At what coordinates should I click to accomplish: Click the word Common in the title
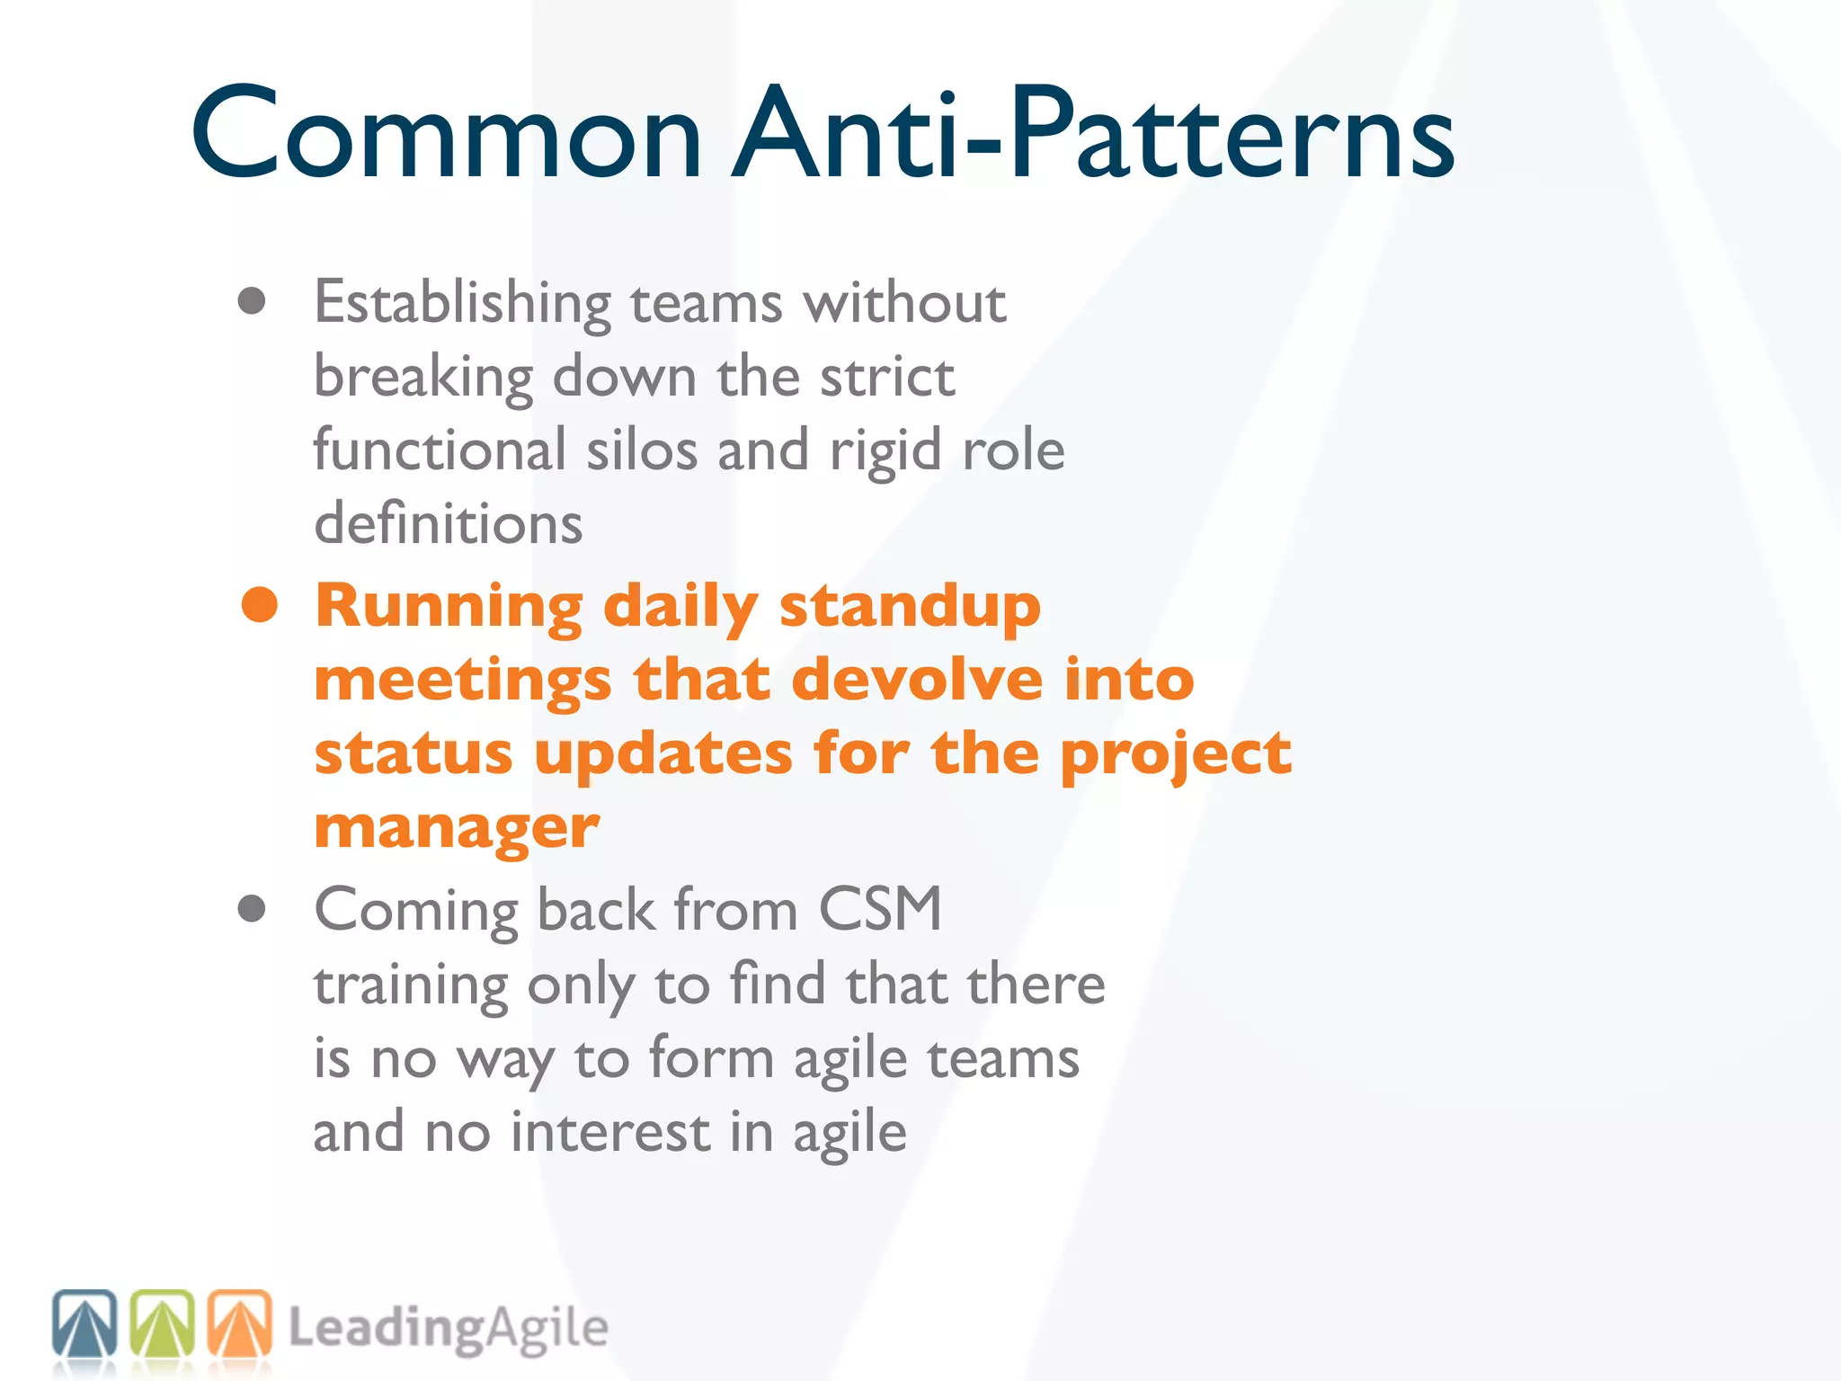click(446, 135)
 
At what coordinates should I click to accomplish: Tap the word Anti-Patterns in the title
click(1092, 135)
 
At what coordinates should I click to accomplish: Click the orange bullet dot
click(260, 604)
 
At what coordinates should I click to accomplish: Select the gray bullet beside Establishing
click(252, 301)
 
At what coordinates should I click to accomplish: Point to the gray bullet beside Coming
click(252, 909)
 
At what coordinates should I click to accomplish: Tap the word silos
click(641, 450)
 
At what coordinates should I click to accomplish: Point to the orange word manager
click(457, 827)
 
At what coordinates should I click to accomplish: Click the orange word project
click(1176, 755)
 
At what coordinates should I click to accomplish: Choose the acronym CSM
click(879, 909)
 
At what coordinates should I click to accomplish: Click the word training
click(410, 985)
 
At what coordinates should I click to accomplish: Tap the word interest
click(610, 1132)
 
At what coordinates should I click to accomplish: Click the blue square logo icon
click(84, 1323)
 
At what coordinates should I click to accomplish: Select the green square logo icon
click(163, 1323)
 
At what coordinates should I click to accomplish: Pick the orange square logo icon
click(240, 1323)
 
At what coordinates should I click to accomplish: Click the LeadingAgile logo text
click(448, 1329)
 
